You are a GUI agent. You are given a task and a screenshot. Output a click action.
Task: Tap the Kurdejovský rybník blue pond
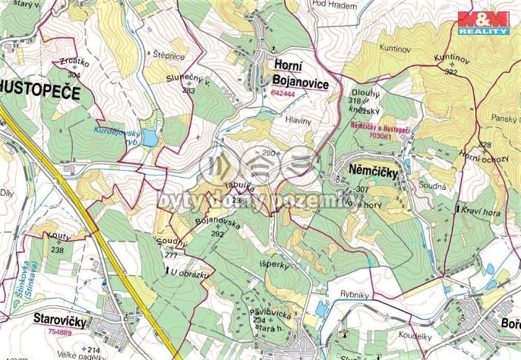[x=149, y=137]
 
